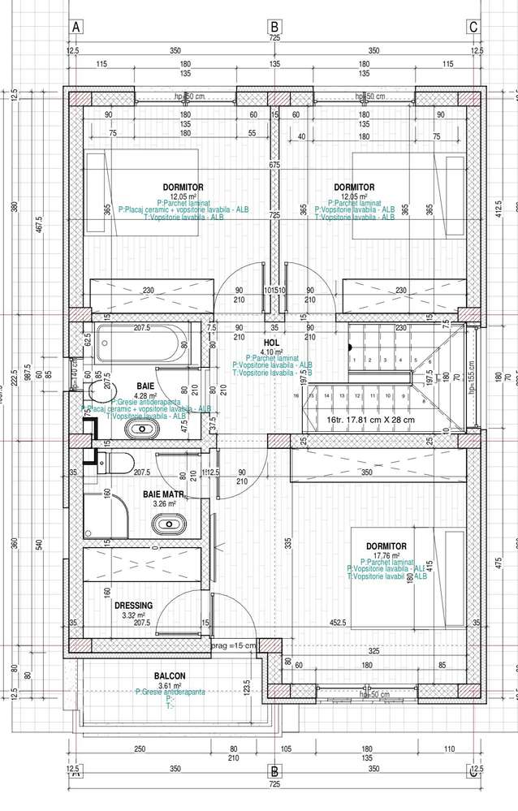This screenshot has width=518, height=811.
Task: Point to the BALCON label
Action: point(170,675)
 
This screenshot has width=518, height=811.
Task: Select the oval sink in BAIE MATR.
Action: point(168,524)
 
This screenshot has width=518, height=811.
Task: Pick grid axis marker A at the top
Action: point(77,27)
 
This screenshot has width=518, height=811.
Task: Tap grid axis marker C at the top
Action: point(473,27)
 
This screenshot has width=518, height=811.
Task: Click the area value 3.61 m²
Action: point(170,684)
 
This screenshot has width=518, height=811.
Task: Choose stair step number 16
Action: point(309,395)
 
